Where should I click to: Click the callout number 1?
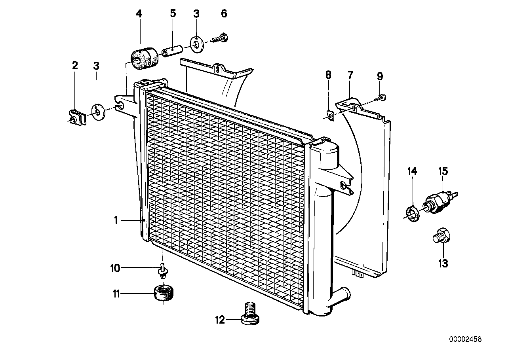click(116, 220)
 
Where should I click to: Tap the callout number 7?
click(350, 75)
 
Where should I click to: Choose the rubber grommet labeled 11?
click(164, 295)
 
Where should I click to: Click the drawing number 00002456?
click(465, 339)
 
